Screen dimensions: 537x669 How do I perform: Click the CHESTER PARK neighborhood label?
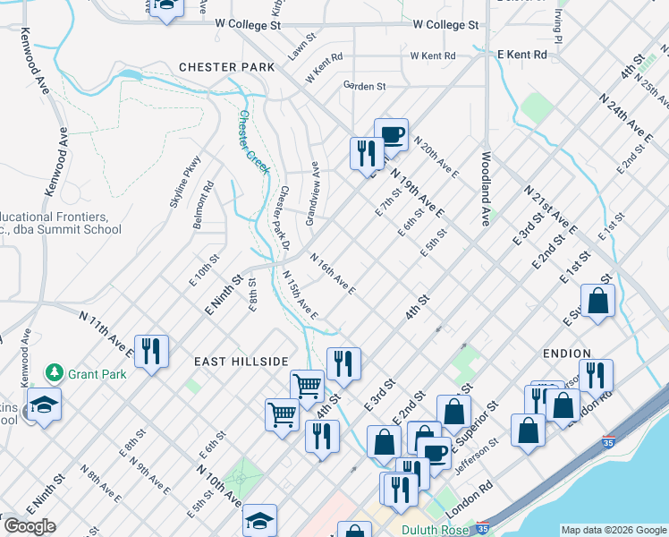220,67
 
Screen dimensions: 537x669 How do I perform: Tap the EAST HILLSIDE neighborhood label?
241,361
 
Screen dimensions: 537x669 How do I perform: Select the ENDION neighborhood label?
565,354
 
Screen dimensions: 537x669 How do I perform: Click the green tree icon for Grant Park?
55,372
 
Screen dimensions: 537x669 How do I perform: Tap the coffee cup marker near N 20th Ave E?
391,134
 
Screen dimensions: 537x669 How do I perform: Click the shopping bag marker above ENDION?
597,301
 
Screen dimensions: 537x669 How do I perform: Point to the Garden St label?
364,86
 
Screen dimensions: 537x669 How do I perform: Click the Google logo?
29,525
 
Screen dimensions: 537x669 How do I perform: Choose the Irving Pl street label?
556,28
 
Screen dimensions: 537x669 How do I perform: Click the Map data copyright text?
614,529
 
